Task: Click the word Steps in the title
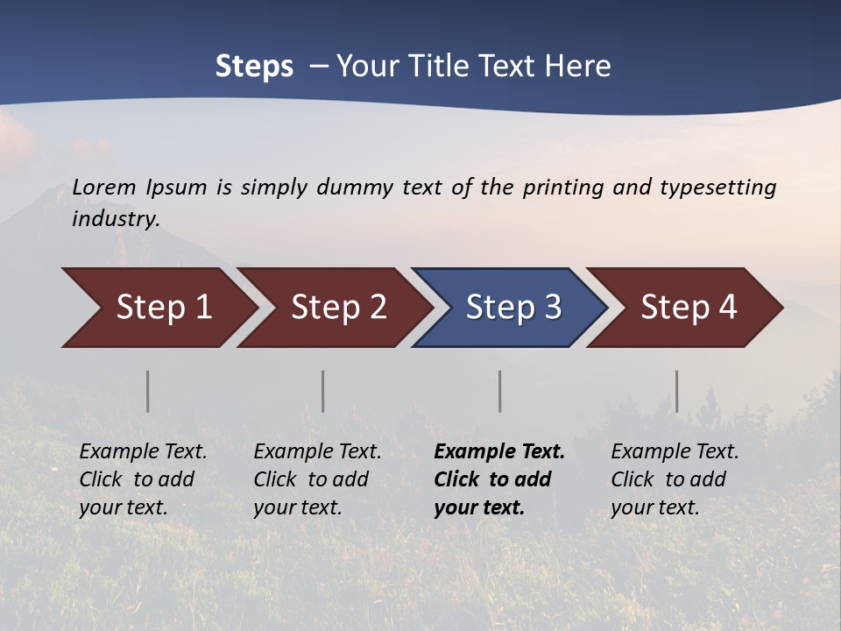(x=254, y=67)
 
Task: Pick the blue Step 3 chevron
(x=513, y=308)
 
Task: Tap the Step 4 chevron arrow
(x=689, y=308)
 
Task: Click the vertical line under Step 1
(x=148, y=391)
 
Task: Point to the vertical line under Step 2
(x=323, y=391)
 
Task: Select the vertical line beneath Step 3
(x=499, y=391)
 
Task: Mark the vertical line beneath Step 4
(x=676, y=391)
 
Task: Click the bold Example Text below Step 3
(x=499, y=452)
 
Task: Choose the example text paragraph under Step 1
(x=143, y=479)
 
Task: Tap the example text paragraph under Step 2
(x=317, y=479)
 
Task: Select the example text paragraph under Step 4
(x=675, y=479)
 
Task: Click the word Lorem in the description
(x=104, y=188)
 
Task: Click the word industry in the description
(x=115, y=219)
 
